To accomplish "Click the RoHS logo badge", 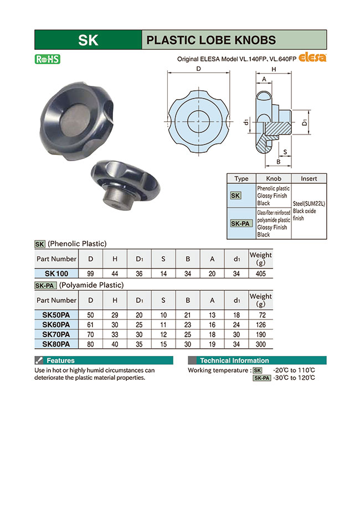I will [47, 59].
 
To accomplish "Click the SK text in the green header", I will [88, 40].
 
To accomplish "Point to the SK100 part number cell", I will [56, 273].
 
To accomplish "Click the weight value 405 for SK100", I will [261, 273].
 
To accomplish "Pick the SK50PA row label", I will [56, 315].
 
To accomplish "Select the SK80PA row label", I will [56, 344].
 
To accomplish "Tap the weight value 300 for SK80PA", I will [261, 344].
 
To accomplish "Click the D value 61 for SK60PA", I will [90, 324].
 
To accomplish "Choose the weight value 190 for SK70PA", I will [261, 334].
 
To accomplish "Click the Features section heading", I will [60, 360].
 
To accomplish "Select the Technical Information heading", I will [234, 360].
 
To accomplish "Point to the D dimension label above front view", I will [198, 69].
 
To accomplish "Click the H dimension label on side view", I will [274, 69].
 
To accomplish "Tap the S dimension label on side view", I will [285, 151].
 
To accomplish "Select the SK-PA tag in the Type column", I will [241, 223].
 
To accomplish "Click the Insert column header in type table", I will [308, 179].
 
